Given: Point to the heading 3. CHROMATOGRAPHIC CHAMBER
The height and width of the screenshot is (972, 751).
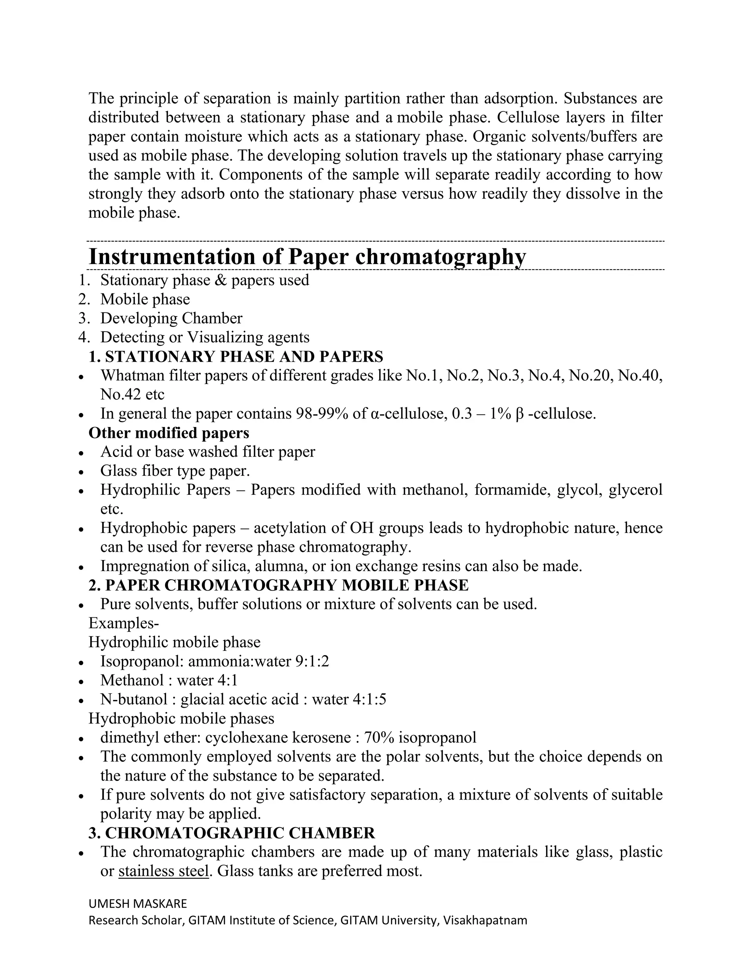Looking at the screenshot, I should (231, 833).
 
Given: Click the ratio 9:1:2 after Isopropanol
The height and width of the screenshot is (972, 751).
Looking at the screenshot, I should (312, 661).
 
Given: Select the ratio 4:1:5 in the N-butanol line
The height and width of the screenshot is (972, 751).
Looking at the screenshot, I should (369, 699).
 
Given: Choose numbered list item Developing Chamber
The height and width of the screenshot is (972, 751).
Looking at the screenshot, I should (171, 318).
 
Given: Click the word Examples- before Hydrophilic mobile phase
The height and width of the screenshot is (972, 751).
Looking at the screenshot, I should (124, 623).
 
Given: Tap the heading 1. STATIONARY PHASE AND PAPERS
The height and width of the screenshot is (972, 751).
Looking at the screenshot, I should (235, 357).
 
